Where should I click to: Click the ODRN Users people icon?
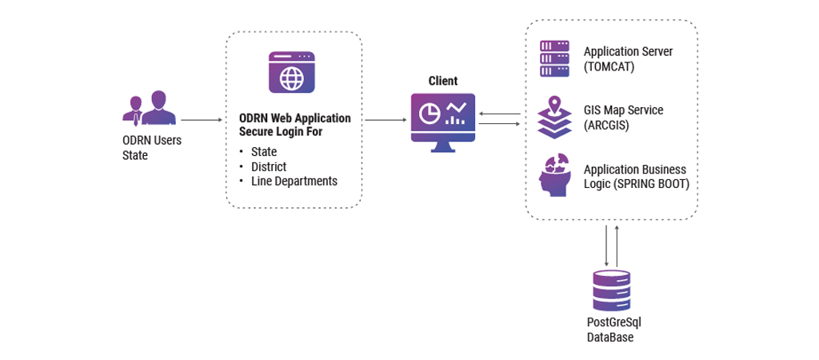pyautogui.click(x=150, y=108)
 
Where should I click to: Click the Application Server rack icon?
pyautogui.click(x=554, y=58)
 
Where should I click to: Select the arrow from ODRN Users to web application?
pyautogui.click(x=201, y=120)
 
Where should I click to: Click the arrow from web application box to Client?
pyautogui.click(x=385, y=120)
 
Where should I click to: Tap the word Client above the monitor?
pyautogui.click(x=442, y=81)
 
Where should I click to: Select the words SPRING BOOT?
pyautogui.click(x=659, y=183)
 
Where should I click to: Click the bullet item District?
pyautogui.click(x=269, y=166)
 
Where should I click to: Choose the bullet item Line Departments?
pyautogui.click(x=294, y=182)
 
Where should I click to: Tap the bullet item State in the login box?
pyautogui.click(x=263, y=151)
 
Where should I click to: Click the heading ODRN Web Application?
pyautogui.click(x=294, y=118)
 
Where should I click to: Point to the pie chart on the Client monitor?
pyautogui.click(x=429, y=114)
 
